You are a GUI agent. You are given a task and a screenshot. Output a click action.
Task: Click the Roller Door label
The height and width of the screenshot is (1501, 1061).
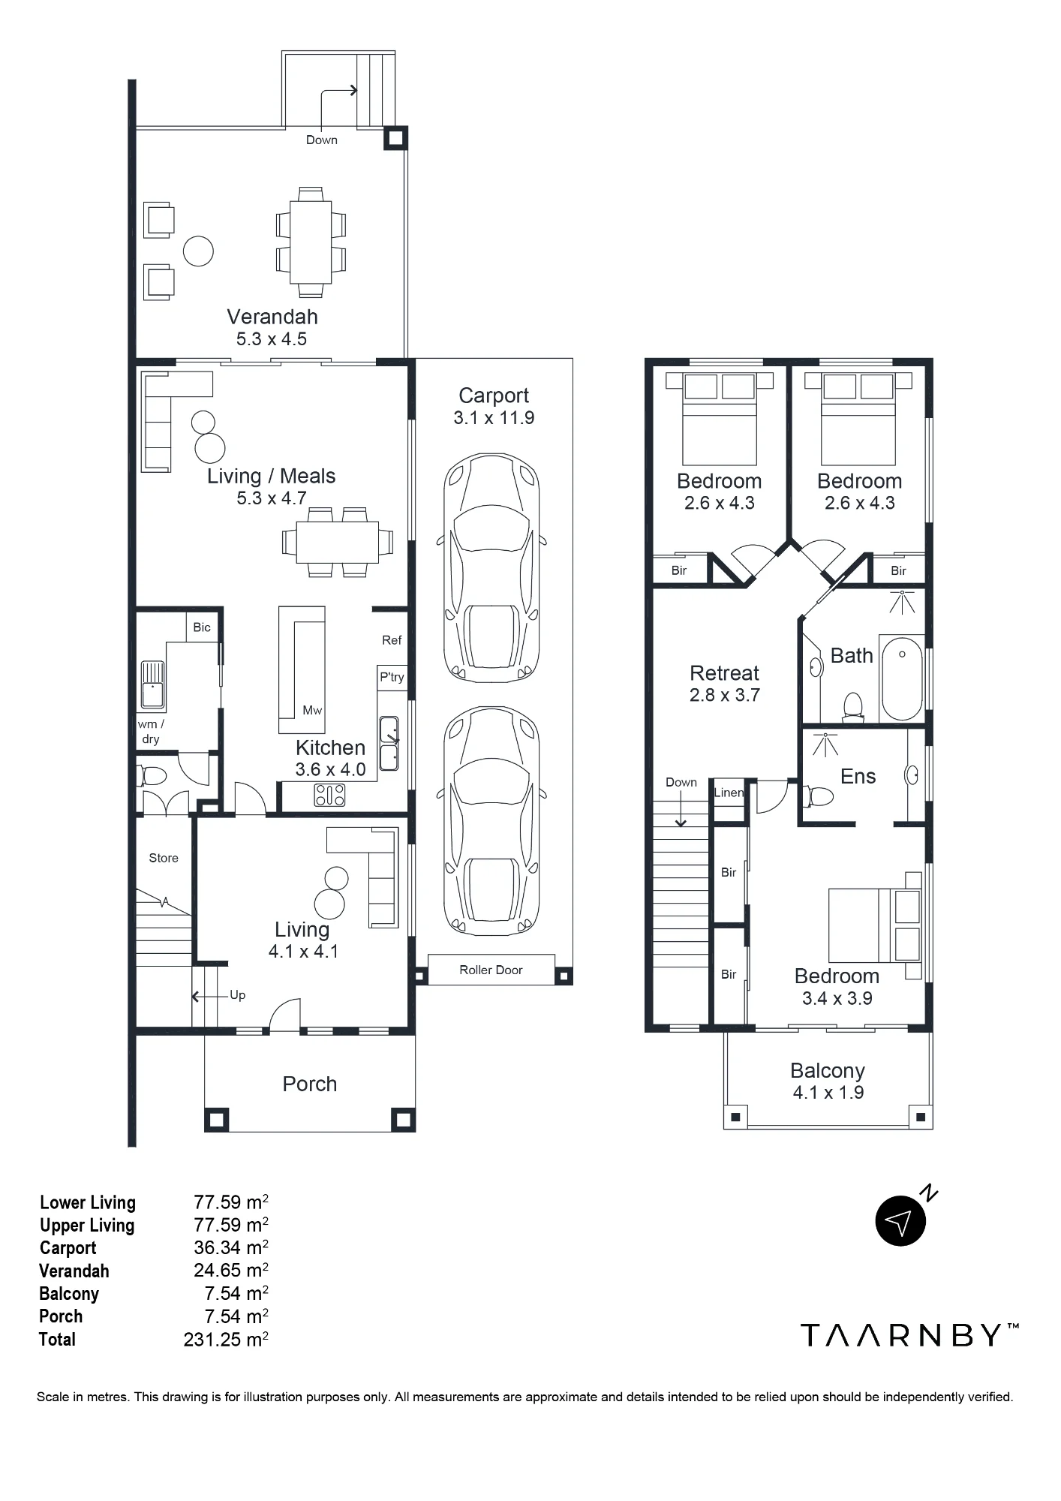(491, 970)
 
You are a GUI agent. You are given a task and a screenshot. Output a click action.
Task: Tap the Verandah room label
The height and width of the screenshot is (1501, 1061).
(272, 317)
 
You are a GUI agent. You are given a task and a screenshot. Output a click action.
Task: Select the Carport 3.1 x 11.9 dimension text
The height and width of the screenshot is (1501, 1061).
(494, 418)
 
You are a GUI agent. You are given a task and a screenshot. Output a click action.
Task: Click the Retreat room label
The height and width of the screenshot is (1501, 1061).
(724, 673)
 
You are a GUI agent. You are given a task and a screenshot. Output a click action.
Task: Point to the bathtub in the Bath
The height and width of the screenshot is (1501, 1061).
(901, 678)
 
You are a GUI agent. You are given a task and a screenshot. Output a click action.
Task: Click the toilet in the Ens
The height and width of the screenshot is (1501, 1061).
(817, 796)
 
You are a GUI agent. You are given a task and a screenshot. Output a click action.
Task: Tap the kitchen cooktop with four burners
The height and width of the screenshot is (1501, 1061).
(329, 795)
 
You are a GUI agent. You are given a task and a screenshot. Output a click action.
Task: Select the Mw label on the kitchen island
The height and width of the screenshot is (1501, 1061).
(312, 710)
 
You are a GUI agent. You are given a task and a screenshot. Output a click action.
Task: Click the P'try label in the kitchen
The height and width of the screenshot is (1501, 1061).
(392, 677)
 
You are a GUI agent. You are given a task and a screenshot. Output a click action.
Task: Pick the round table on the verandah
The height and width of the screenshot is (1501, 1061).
(198, 251)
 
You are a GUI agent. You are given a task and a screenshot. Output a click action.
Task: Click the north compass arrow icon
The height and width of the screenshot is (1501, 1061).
(900, 1221)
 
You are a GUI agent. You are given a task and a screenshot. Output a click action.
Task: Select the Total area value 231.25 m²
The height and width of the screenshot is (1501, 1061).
(226, 1340)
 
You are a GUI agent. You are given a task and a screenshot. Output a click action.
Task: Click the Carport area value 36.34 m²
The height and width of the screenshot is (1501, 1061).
(231, 1248)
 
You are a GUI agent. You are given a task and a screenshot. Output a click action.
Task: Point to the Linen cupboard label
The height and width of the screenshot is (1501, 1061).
(729, 793)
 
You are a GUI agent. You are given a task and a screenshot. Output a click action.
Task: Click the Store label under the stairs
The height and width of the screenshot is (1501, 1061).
(164, 858)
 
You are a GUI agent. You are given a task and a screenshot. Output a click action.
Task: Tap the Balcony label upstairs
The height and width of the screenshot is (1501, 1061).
(828, 1071)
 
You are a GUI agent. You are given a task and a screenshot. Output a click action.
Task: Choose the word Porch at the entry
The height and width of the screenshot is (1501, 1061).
(309, 1084)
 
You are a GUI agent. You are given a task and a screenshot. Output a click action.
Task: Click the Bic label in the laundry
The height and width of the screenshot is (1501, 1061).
(202, 627)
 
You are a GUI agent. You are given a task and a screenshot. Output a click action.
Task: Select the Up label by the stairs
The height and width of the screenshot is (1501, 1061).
(237, 995)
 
